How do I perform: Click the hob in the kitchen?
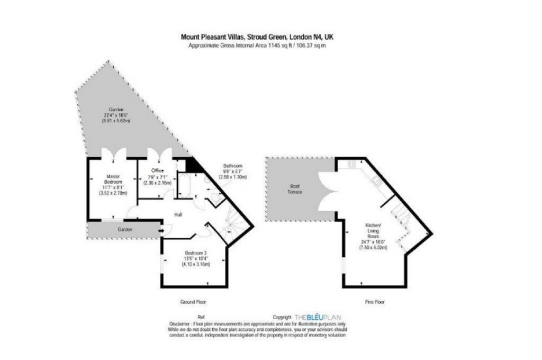tap(351, 165)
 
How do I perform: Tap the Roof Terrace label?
tap(296, 189)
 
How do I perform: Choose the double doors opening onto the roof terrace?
tap(328, 189)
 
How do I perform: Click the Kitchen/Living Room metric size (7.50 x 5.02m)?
tap(373, 247)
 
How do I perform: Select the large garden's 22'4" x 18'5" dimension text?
tap(116, 115)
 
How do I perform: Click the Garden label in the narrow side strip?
tap(125, 229)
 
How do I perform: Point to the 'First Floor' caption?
tap(374, 302)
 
